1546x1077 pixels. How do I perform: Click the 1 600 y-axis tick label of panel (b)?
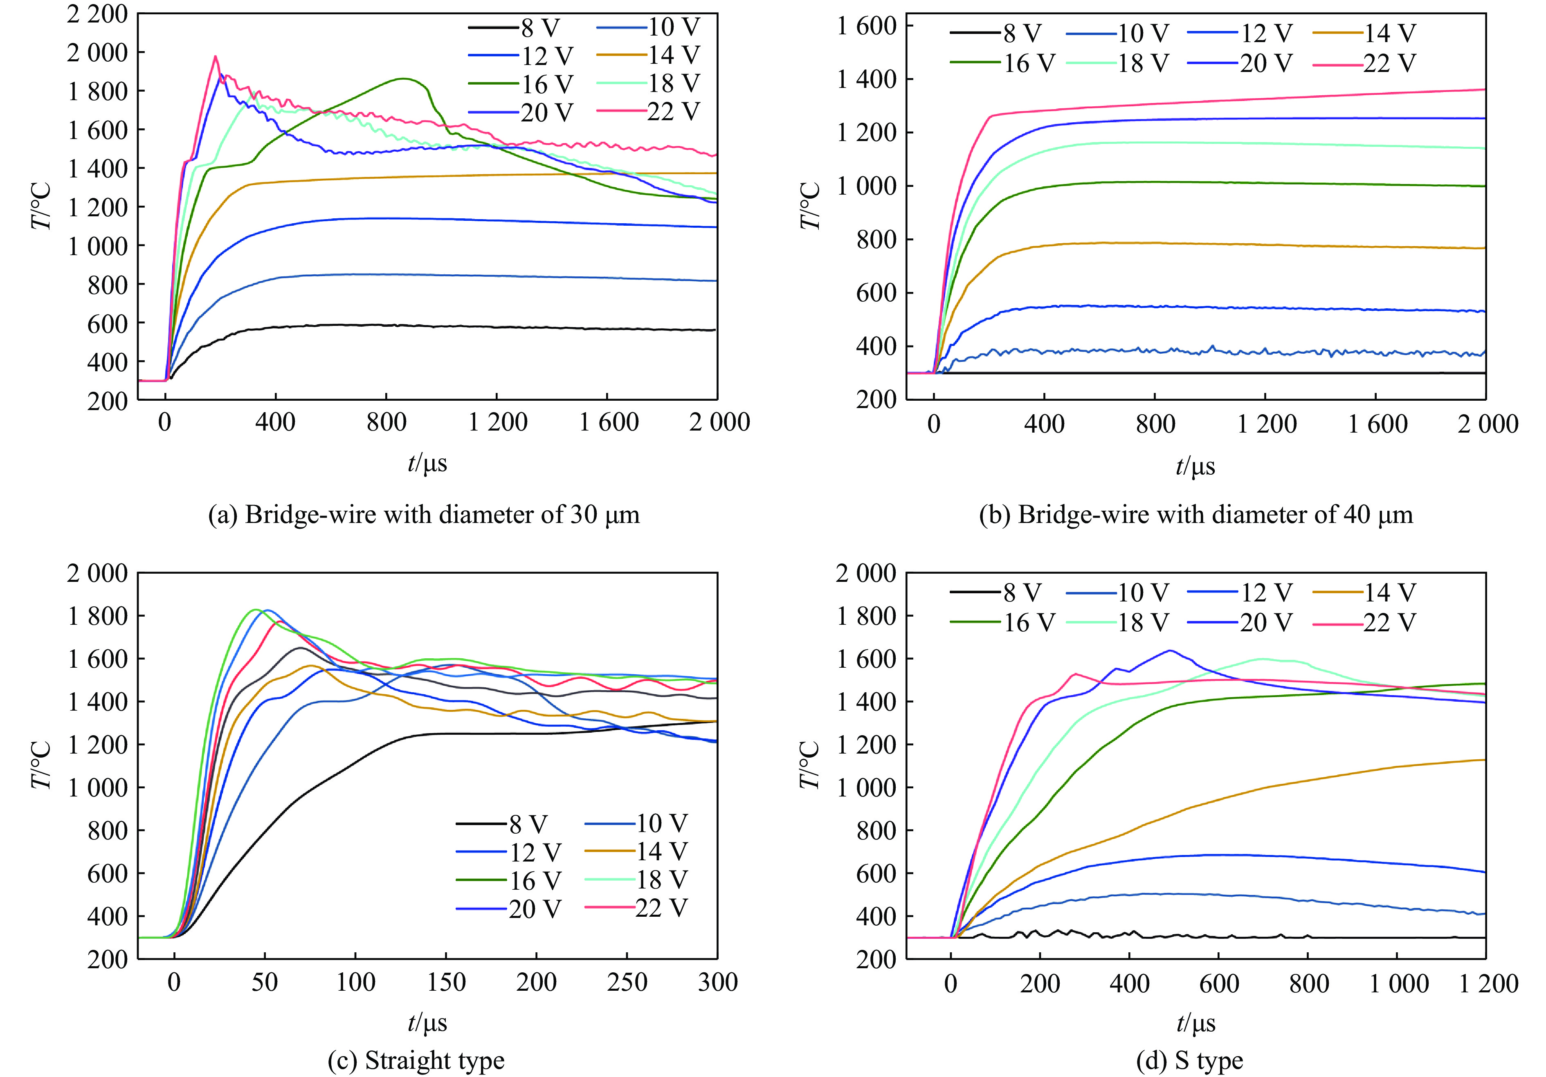867,26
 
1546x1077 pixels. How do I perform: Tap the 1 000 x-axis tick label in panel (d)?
1398,983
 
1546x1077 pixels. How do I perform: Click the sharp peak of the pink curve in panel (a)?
216,56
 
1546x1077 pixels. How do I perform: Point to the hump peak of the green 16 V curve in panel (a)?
403,79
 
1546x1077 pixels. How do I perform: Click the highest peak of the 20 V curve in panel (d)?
1170,650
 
